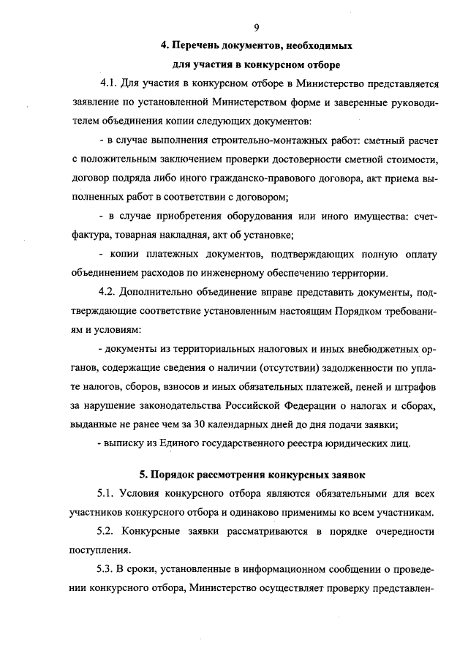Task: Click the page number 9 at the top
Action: pyautogui.click(x=257, y=28)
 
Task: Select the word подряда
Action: pyautogui.click(x=145, y=178)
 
